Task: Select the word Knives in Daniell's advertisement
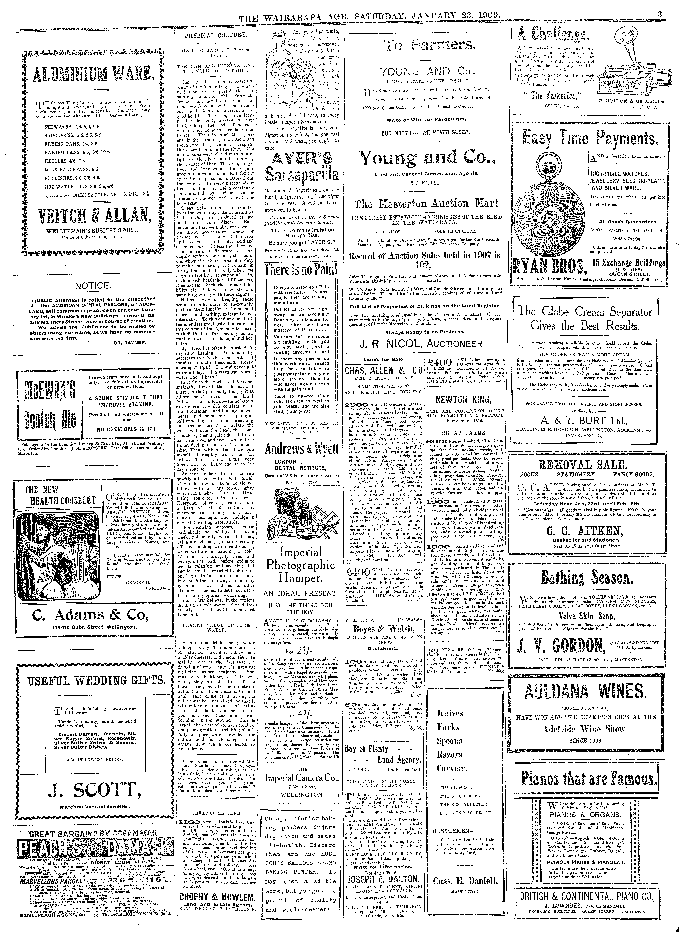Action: coord(450,713)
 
